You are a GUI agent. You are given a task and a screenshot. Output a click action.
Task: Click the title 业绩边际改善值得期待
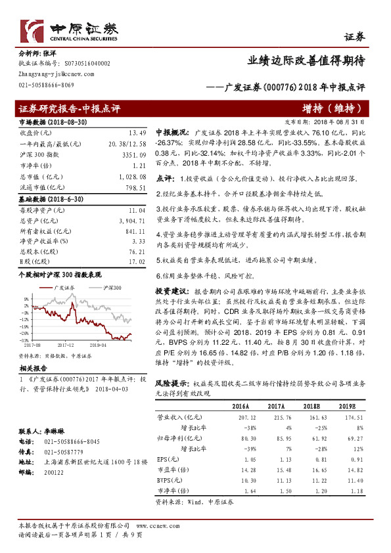pyautogui.click(x=306, y=60)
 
